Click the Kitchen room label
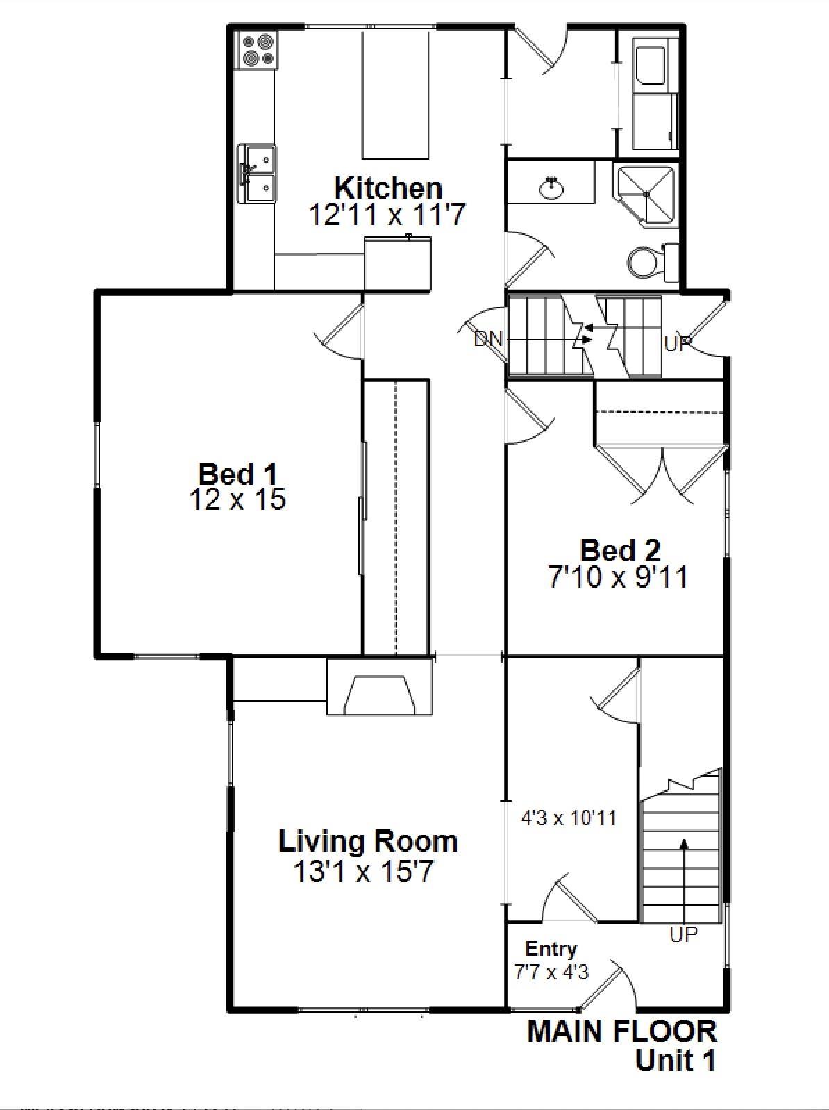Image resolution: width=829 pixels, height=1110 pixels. click(388, 188)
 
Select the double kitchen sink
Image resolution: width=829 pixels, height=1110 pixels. click(257, 174)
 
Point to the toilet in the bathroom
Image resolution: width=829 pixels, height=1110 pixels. click(646, 263)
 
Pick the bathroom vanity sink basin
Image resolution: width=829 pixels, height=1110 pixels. click(553, 188)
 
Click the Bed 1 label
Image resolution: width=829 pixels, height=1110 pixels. click(237, 474)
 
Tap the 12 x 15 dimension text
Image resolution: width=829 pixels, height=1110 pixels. click(237, 500)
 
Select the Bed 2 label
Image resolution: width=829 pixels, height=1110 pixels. click(620, 550)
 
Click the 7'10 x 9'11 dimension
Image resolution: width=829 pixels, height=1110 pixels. click(618, 577)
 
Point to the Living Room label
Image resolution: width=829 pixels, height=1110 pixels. click(368, 841)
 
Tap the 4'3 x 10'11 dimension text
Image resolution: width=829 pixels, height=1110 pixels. click(569, 818)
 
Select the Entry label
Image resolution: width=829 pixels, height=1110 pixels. click(551, 949)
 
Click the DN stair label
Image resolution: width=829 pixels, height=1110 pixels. click(488, 340)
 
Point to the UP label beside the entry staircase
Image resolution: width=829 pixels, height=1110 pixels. click(684, 935)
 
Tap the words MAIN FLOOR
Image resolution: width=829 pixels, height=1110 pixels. click(621, 1032)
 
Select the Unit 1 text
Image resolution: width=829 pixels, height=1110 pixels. click(675, 1061)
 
